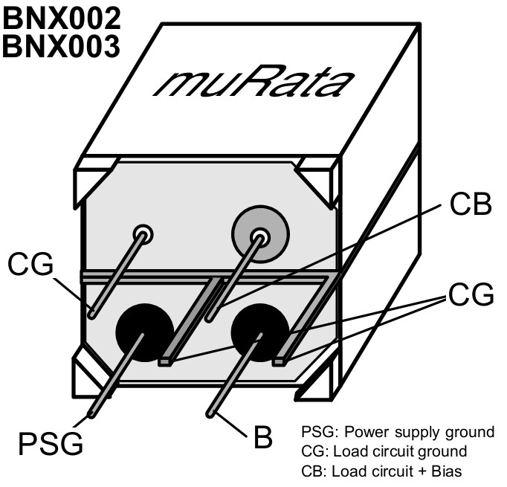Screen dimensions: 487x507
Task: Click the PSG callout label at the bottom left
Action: pos(51,444)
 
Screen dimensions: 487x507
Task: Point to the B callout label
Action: pos(262,437)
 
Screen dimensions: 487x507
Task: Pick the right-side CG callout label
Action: pos(470,294)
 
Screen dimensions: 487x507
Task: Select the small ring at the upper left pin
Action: pos(143,234)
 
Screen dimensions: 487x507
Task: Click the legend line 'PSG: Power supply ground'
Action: pos(398,432)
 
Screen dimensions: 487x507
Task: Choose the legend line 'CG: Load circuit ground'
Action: pos(384,451)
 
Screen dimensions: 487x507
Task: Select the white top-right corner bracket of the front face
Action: pos(320,178)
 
